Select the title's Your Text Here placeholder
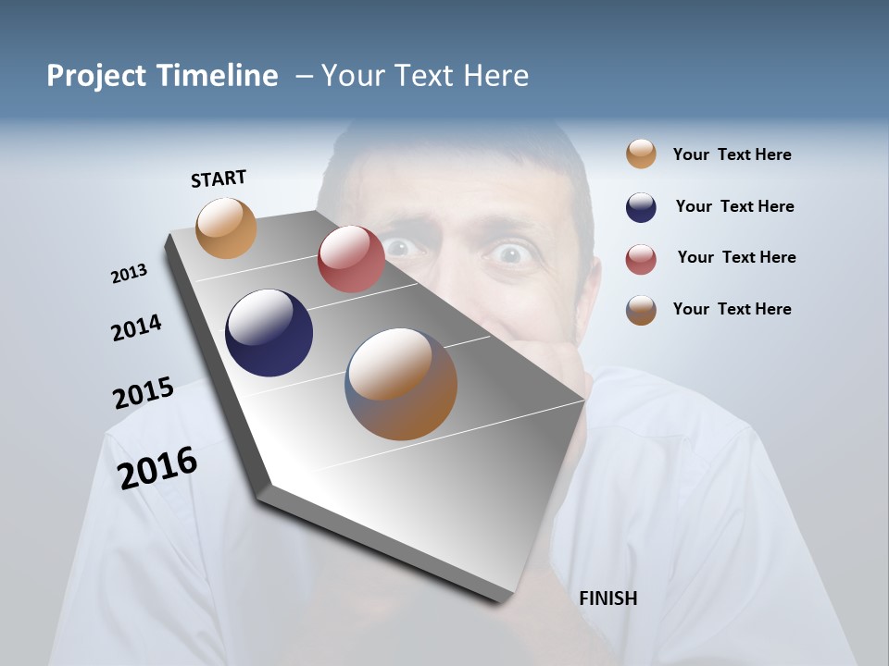[424, 76]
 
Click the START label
[219, 179]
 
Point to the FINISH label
[607, 598]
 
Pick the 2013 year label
[129, 274]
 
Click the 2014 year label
[136, 328]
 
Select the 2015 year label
[144, 393]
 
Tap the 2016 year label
[157, 468]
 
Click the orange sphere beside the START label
[226, 228]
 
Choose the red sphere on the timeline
[351, 259]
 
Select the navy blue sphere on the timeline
[269, 333]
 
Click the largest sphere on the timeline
[401, 384]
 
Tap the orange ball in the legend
[641, 154]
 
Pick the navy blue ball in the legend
[641, 207]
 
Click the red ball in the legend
[641, 259]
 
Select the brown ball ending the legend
[641, 310]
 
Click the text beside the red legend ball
[736, 257]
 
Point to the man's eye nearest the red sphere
[399, 247]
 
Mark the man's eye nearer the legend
[511, 253]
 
